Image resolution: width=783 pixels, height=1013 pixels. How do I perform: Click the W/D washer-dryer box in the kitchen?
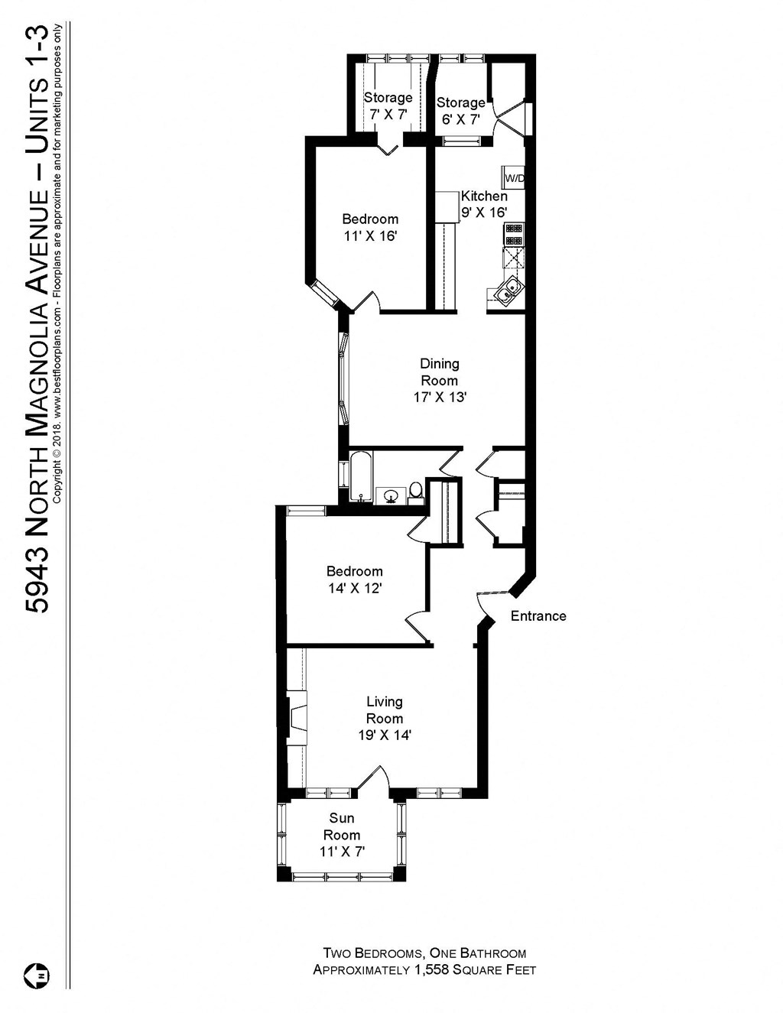[513, 178]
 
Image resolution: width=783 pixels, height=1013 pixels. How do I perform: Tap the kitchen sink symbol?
[508, 290]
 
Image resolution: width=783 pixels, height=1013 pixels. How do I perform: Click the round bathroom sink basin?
[391, 497]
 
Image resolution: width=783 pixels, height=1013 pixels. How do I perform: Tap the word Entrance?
[538, 616]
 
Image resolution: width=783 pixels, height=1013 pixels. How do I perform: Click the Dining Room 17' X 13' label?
[440, 381]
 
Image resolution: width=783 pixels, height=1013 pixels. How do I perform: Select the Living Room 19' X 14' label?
[385, 719]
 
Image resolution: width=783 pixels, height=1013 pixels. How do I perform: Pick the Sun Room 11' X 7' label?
[342, 835]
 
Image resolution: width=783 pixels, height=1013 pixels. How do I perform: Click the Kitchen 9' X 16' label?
[483, 204]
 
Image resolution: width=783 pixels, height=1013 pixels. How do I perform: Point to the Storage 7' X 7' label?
[388, 106]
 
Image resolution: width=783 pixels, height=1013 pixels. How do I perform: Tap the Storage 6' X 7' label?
[460, 111]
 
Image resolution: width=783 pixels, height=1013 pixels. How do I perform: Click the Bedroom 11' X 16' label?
[370, 227]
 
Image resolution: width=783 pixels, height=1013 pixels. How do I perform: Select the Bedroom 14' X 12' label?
[354, 580]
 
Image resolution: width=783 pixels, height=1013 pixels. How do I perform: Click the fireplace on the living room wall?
[296, 719]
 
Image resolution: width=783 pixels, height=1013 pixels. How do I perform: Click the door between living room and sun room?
[373, 778]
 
